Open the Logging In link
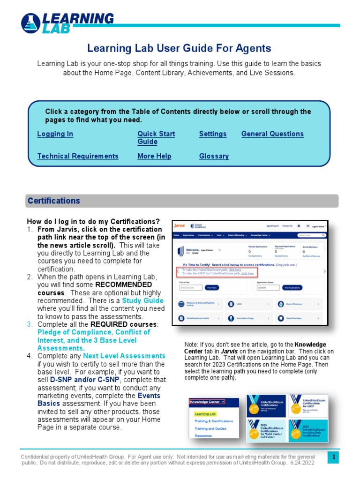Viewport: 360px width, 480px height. [x=55, y=134]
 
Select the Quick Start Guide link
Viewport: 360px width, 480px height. [x=156, y=137]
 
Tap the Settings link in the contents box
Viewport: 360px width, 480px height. [x=212, y=134]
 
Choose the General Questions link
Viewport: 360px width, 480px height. [x=272, y=134]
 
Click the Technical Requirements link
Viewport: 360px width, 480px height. [x=78, y=156]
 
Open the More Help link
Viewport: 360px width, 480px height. [x=154, y=156]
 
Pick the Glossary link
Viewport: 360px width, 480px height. [x=214, y=156]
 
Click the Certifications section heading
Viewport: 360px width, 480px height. [x=54, y=201]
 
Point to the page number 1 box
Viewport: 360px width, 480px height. [x=333, y=457]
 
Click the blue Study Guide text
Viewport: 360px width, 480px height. [x=142, y=300]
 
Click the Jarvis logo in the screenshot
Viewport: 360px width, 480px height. [x=180, y=225]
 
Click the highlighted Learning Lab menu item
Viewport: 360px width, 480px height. [x=205, y=414]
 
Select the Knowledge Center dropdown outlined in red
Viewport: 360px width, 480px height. [x=207, y=402]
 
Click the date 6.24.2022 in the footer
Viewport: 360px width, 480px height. [x=301, y=463]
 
